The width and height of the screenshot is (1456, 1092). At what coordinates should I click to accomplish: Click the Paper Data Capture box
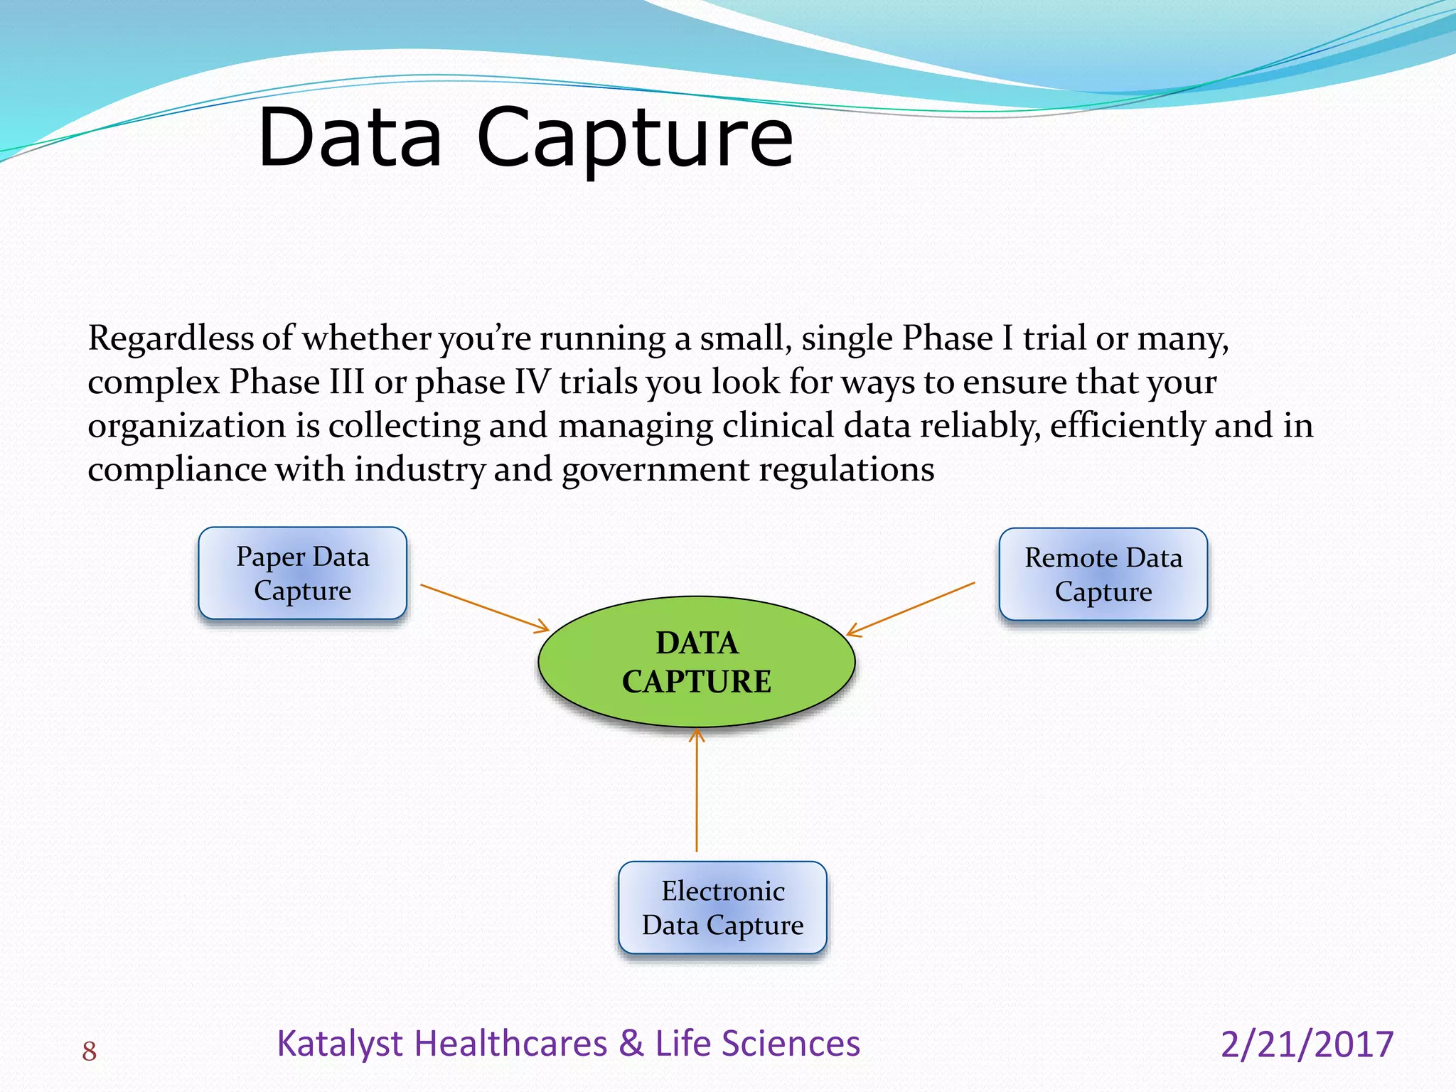point(302,573)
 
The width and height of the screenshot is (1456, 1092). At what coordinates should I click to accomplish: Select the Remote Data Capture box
point(1103,574)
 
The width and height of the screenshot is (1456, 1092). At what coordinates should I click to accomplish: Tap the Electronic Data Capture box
point(722,907)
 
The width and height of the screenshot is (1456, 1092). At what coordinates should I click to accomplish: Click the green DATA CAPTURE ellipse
point(696,662)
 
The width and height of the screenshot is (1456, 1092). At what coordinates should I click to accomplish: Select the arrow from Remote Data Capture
point(911,609)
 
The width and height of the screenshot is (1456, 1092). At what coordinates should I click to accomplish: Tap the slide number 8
point(89,1051)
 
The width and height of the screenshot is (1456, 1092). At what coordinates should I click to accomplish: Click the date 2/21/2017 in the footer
point(1307,1044)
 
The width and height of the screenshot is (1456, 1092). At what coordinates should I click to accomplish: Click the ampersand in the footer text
point(631,1044)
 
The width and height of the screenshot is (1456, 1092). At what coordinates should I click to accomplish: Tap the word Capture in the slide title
point(634,140)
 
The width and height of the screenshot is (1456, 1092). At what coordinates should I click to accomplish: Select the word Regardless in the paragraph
point(171,338)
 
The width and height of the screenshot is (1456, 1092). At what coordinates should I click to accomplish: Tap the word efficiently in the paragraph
point(1127,427)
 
